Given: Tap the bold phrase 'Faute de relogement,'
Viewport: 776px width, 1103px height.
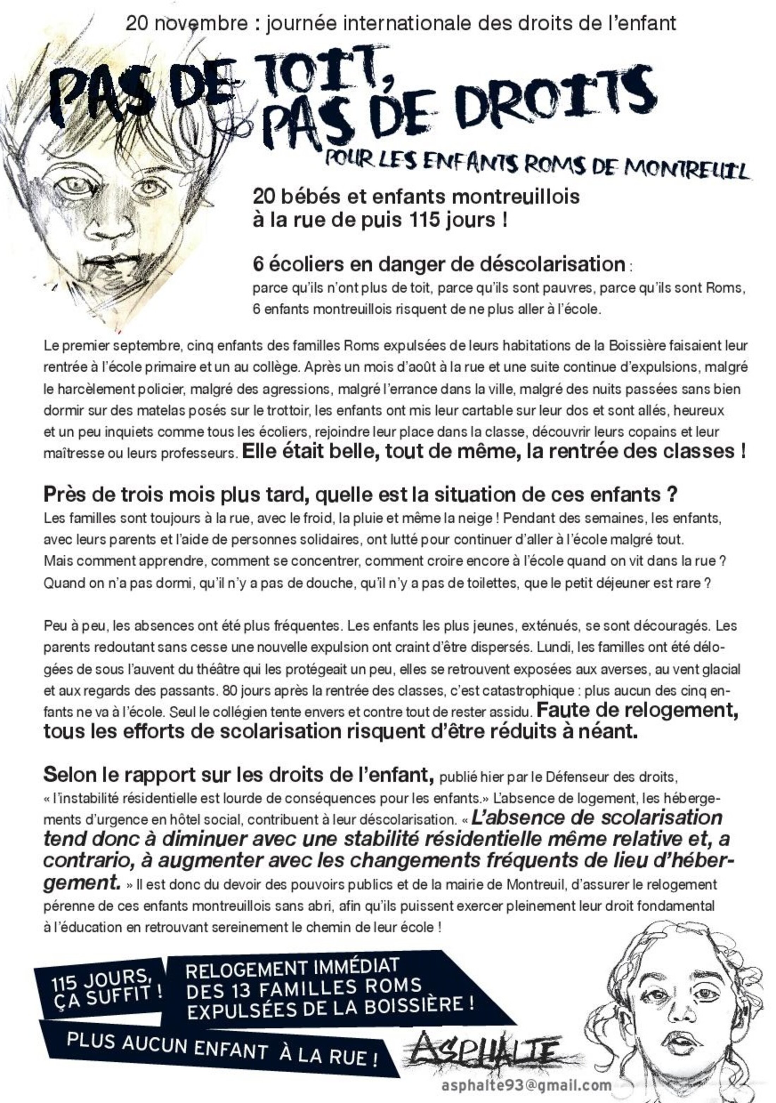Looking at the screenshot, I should coord(637,710).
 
